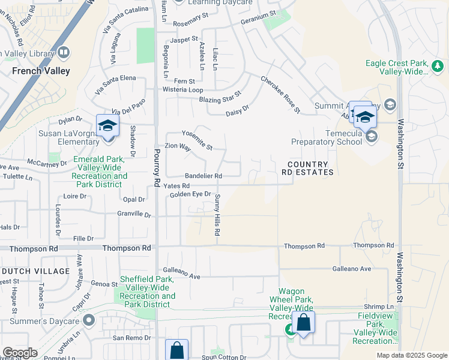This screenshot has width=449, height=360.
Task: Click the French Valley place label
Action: click(41, 71)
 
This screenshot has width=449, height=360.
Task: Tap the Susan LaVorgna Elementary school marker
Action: click(108, 127)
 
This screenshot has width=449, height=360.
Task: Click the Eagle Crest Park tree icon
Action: click(438, 65)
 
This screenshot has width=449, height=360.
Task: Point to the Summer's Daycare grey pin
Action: click(89, 320)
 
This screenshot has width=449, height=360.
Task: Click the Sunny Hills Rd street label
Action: click(217, 215)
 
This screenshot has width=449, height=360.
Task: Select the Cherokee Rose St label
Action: click(280, 94)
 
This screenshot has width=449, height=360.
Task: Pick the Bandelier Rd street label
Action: click(203, 176)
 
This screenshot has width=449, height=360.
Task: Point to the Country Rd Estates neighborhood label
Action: click(307, 168)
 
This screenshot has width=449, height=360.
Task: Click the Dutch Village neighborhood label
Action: click(35, 271)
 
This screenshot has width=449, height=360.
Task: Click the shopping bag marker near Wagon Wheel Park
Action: click(304, 323)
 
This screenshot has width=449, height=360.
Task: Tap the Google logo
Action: click(20, 353)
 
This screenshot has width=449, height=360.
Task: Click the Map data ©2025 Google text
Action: click(411, 355)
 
